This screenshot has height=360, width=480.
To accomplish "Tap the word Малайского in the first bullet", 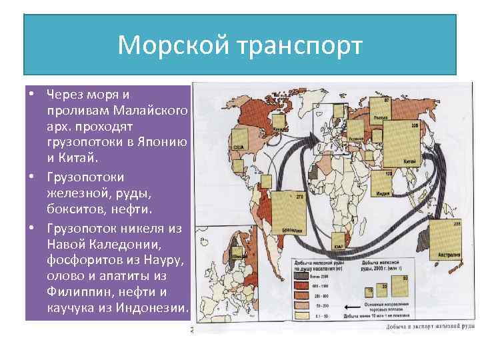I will tap(150, 109).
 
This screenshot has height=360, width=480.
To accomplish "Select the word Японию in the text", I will tap(163, 141).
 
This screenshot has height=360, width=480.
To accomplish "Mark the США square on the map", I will tap(237, 150).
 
